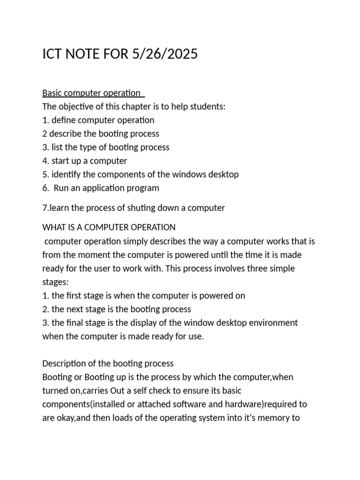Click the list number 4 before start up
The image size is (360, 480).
pyautogui.click(x=45, y=161)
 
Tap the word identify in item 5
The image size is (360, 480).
pyautogui.click(x=65, y=174)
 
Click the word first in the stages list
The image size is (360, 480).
pyautogui.click(x=73, y=296)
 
